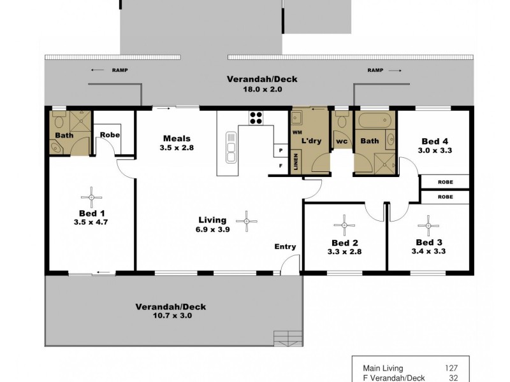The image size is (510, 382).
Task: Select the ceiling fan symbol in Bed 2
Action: pos(344,224)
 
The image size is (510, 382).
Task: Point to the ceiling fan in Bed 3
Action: pos(425,224)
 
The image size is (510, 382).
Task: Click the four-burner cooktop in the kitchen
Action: pos(256,118)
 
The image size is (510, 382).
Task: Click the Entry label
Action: pos(284,246)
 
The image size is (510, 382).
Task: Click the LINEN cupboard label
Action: pos(295,162)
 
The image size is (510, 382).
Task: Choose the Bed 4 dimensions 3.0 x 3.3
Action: pos(435,151)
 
